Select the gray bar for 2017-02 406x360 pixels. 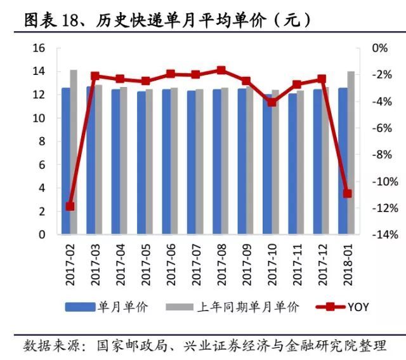click(74, 152)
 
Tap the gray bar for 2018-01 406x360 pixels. click(351, 152)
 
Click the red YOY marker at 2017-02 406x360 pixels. click(70, 206)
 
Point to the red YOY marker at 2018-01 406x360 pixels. click(347, 193)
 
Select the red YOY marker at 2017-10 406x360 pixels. click(272, 102)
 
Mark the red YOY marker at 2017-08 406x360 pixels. click(221, 70)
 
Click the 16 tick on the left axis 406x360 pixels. click(39, 48)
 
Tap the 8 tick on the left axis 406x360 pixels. click(42, 142)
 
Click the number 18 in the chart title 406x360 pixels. click(70, 20)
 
